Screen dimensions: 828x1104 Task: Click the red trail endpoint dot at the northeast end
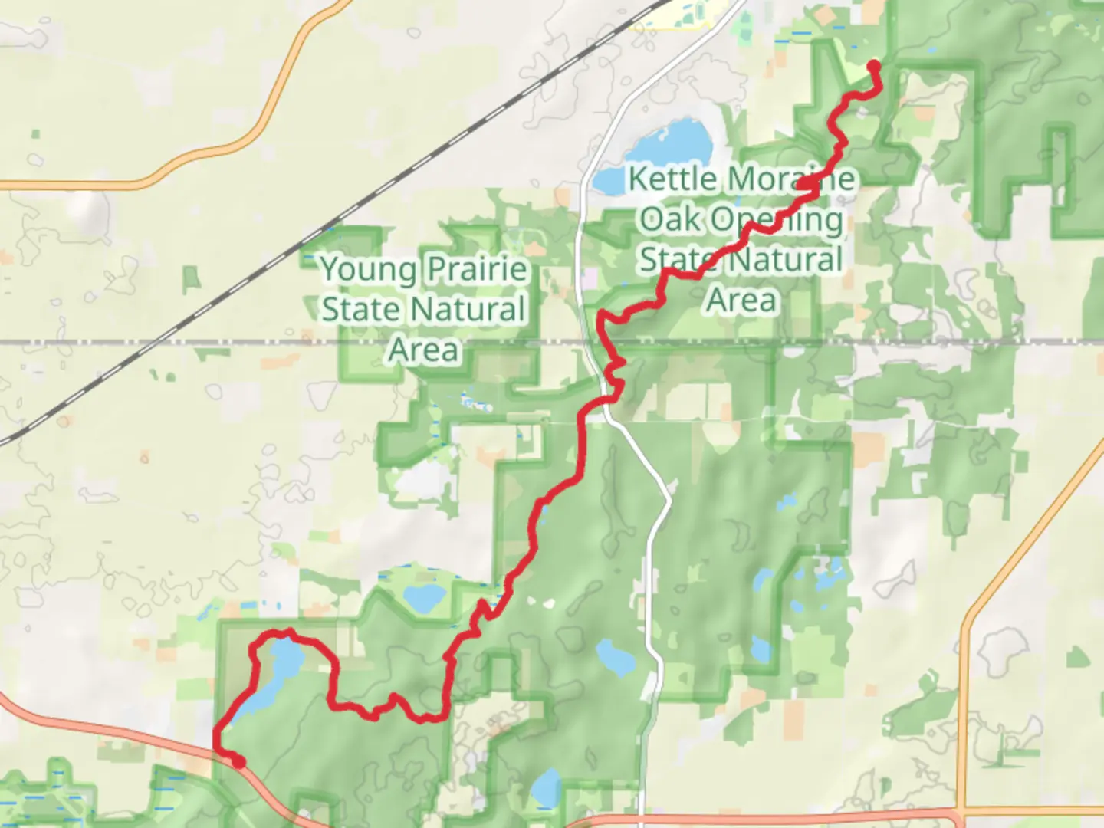pos(872,66)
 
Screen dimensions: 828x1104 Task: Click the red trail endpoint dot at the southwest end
pos(238,761)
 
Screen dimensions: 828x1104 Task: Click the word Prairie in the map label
pos(476,269)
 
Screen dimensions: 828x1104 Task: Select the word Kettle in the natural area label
pos(673,179)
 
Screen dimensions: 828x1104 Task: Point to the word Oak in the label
pos(669,219)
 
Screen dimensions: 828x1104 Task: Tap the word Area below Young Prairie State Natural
pos(423,350)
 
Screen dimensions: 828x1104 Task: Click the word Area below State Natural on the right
pos(741,300)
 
